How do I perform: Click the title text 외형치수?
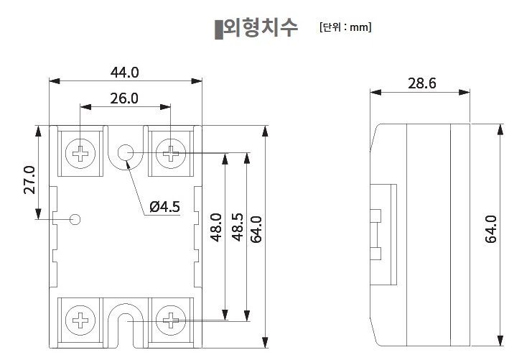261,29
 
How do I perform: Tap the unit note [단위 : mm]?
345,28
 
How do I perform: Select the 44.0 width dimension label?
124,73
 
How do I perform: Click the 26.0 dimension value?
124,98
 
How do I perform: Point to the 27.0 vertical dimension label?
29,180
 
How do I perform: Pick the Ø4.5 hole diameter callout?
164,207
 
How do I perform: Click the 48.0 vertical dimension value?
215,226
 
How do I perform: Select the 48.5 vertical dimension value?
236,226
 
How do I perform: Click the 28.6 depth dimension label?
421,83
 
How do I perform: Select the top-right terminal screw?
171,152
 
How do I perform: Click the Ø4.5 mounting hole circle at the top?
126,152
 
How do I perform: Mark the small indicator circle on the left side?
75,219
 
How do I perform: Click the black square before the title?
218,29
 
